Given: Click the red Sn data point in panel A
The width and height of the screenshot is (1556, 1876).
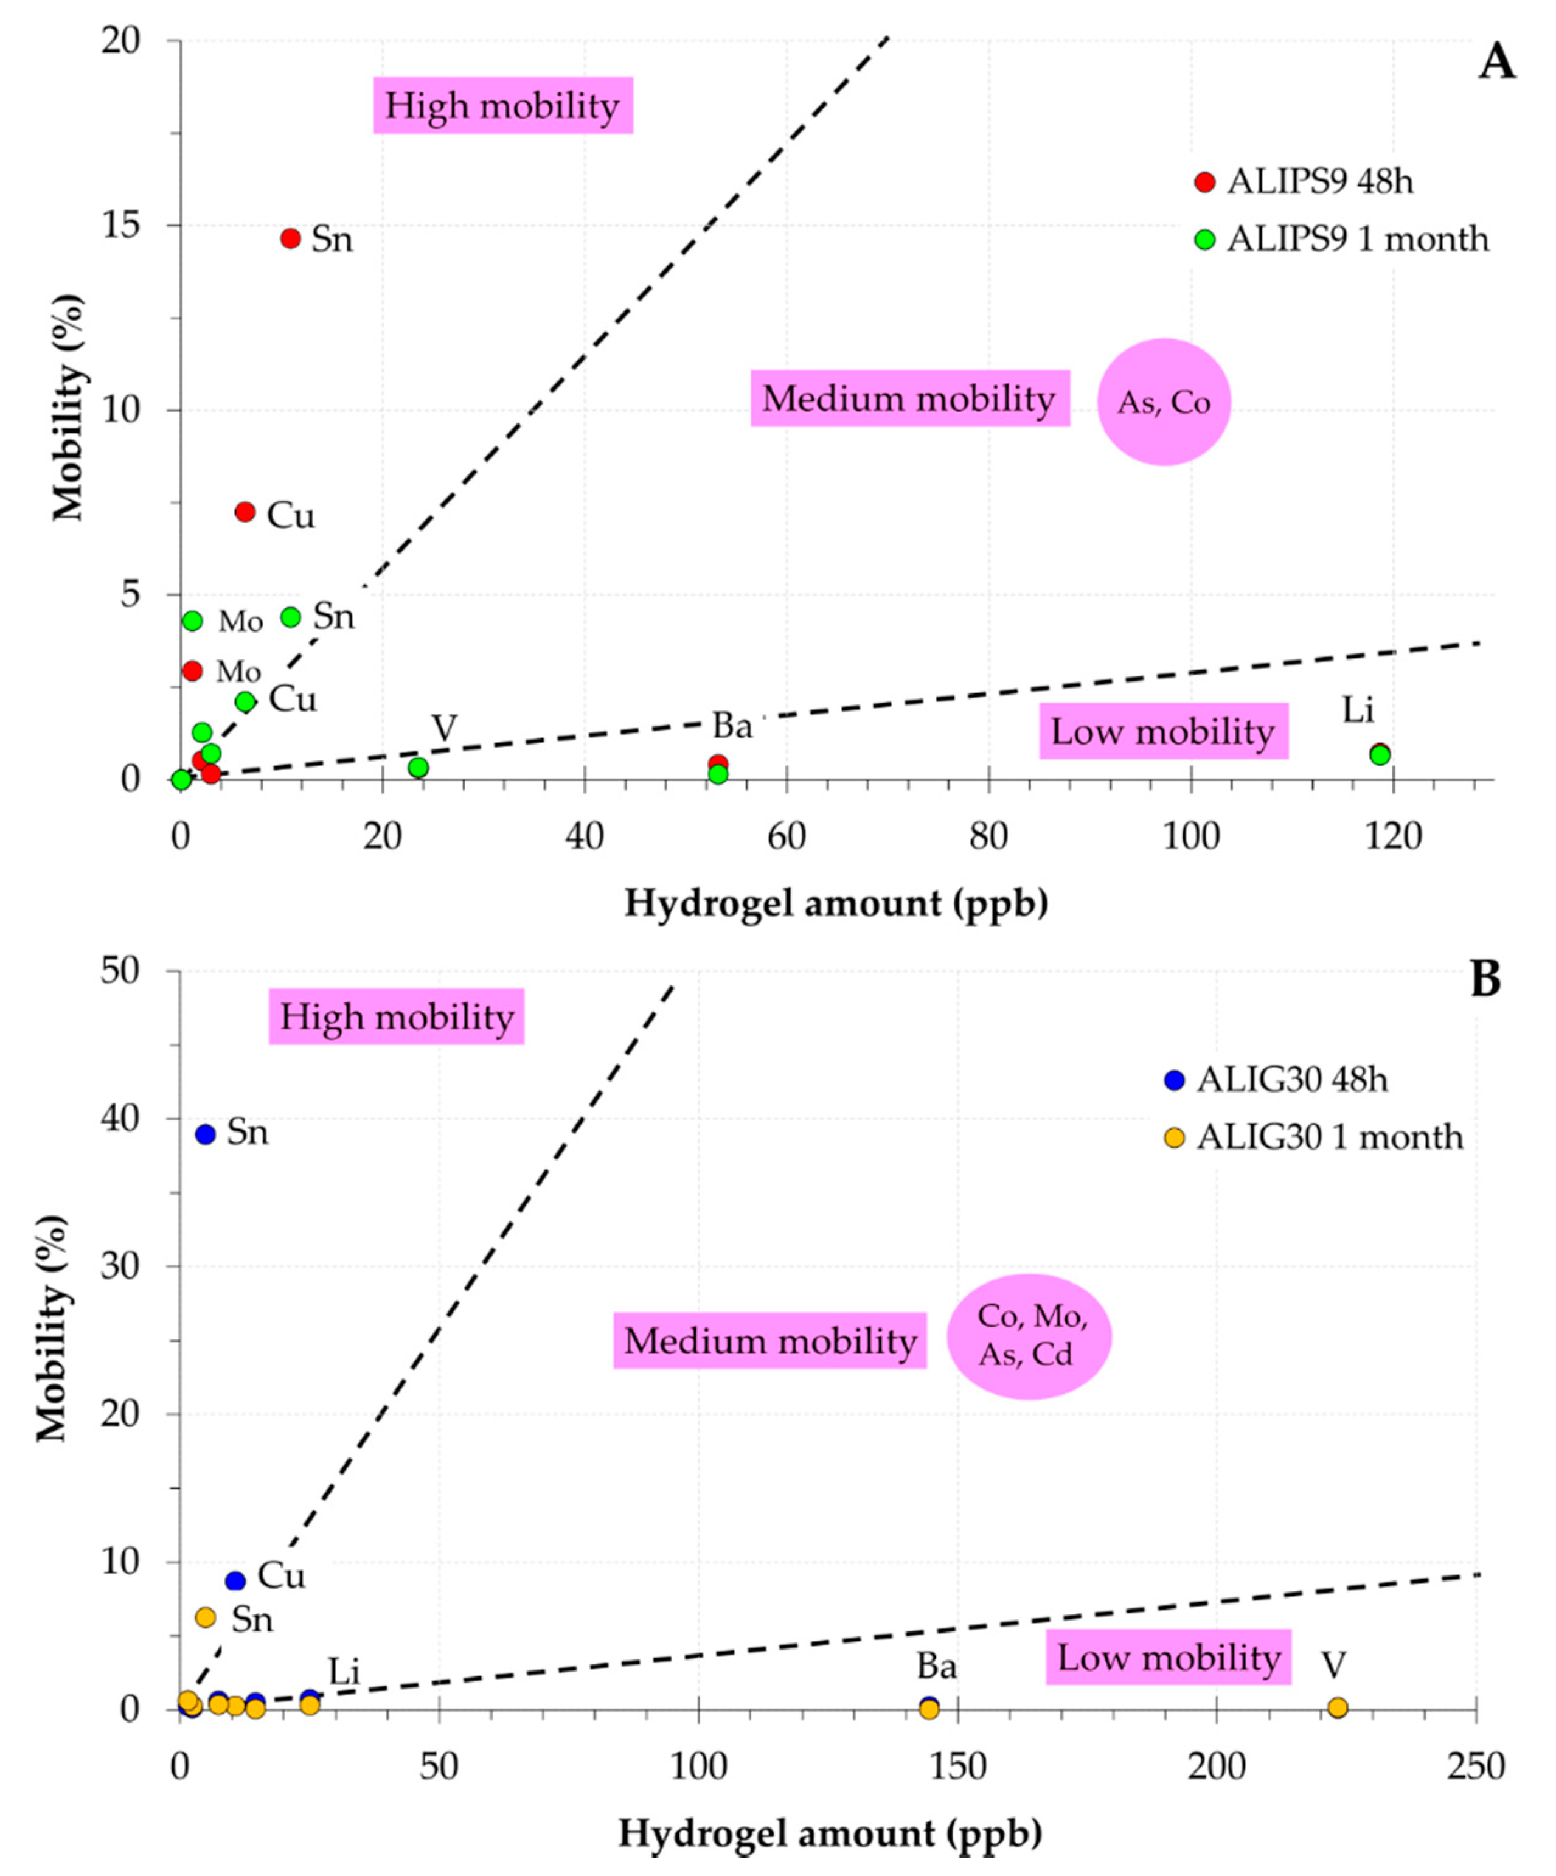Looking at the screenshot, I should (x=290, y=238).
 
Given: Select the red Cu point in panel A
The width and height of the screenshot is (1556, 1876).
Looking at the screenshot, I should (x=245, y=512).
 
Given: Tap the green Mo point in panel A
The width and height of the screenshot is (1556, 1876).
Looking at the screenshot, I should (x=192, y=621).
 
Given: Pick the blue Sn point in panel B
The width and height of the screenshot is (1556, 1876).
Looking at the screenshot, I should (x=206, y=1134).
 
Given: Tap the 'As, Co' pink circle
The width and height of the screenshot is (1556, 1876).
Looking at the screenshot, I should (x=1164, y=402).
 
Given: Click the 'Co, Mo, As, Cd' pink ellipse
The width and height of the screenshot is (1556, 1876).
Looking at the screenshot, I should (x=1029, y=1336).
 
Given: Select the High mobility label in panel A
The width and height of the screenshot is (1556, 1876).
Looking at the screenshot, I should (x=503, y=105).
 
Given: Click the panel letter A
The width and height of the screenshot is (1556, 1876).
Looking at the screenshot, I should (x=1496, y=64).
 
